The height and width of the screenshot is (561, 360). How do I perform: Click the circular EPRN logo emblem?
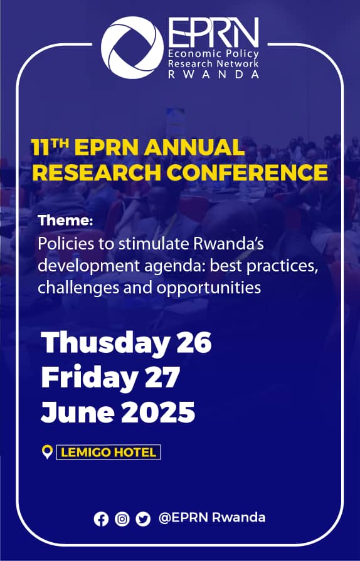click(x=132, y=48)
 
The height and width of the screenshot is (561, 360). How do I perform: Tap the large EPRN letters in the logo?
click(x=214, y=33)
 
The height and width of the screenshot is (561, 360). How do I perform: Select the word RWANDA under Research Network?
click(x=214, y=74)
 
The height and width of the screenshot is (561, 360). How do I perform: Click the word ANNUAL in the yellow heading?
click(x=194, y=147)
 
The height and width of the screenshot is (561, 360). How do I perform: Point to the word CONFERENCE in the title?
click(x=247, y=172)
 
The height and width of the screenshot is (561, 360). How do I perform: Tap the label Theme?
click(x=65, y=220)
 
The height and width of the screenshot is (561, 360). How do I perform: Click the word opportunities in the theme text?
click(x=209, y=288)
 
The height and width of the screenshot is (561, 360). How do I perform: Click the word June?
click(x=78, y=412)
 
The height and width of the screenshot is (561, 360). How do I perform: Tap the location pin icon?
click(x=47, y=452)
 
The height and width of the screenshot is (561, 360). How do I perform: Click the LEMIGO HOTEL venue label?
click(x=109, y=452)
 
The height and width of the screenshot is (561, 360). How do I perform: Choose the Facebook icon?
click(x=101, y=519)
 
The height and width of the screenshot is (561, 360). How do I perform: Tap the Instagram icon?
click(x=122, y=519)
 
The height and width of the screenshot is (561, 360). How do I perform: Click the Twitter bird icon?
click(x=143, y=519)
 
